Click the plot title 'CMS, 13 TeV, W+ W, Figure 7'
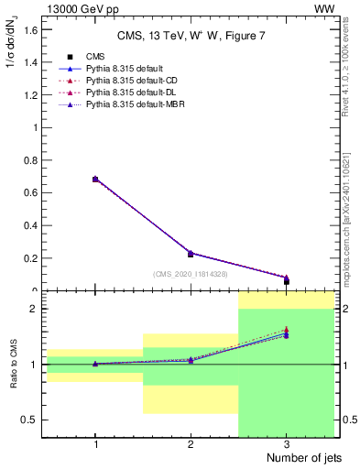(x=190, y=36)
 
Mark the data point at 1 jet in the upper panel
(x=95, y=180)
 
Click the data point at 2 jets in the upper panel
(x=191, y=254)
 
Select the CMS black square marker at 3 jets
(x=286, y=281)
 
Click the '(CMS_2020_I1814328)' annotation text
(x=191, y=274)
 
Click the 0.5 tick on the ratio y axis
(x=33, y=420)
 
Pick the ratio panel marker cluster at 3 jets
(x=286, y=333)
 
